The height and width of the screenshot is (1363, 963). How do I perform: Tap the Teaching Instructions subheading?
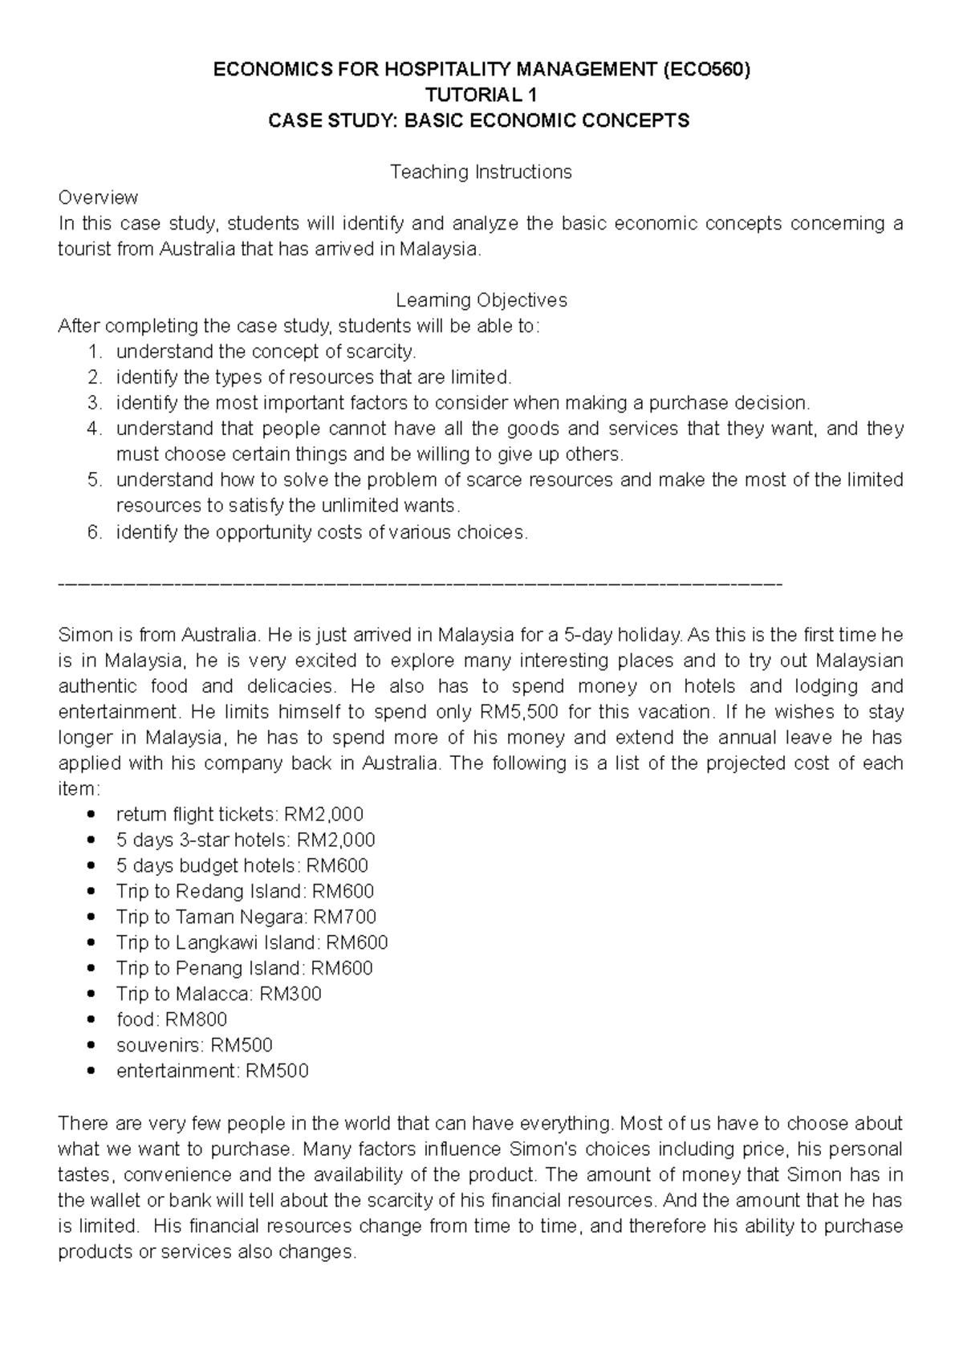point(480,172)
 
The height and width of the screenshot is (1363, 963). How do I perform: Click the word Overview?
point(98,197)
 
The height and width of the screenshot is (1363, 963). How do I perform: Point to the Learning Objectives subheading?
point(481,300)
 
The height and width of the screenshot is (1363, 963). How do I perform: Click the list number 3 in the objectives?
point(95,403)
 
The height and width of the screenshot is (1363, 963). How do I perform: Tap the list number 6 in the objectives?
point(95,532)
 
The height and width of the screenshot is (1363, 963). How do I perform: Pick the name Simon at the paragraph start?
point(84,635)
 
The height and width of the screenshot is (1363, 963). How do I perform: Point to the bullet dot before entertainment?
point(95,1071)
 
